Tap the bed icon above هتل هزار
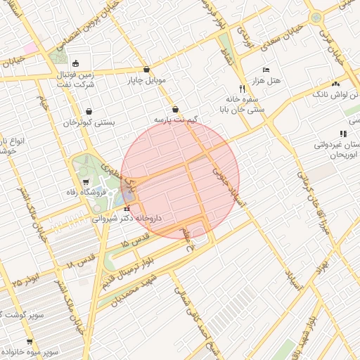click(265, 70)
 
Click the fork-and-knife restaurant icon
click(243, 89)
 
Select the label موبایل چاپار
click(146, 80)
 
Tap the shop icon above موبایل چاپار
click(146, 70)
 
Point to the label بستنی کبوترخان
click(89, 122)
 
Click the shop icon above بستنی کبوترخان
click(89, 111)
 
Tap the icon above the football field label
click(75, 62)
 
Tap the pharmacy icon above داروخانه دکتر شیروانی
click(127, 207)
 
